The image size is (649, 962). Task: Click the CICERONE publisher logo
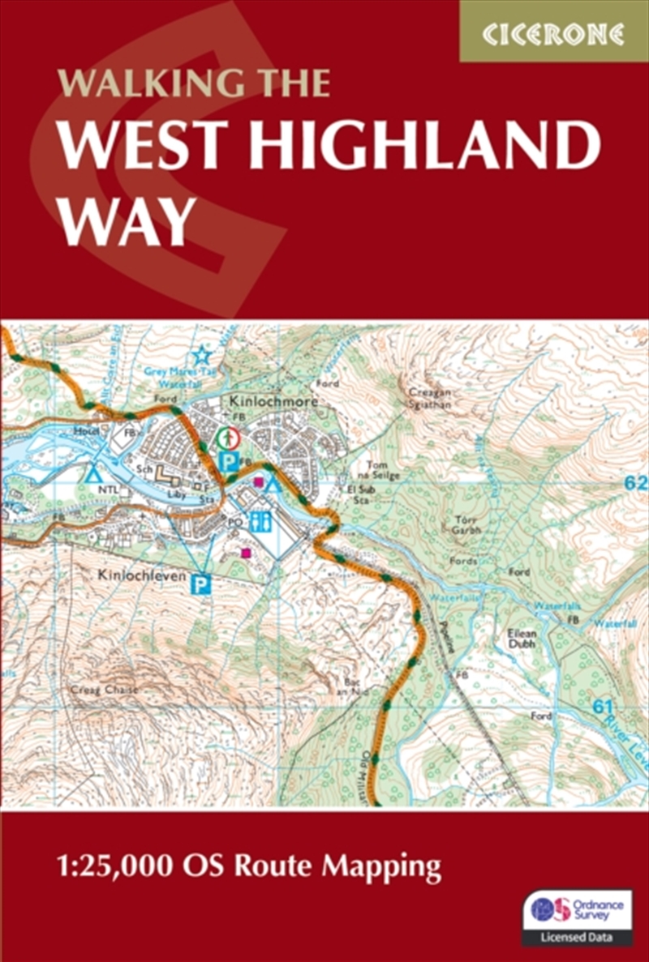tap(554, 33)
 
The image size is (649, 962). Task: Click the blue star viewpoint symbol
tap(200, 354)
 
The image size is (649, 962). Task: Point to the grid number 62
tap(637, 484)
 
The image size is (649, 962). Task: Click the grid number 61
tap(601, 708)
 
